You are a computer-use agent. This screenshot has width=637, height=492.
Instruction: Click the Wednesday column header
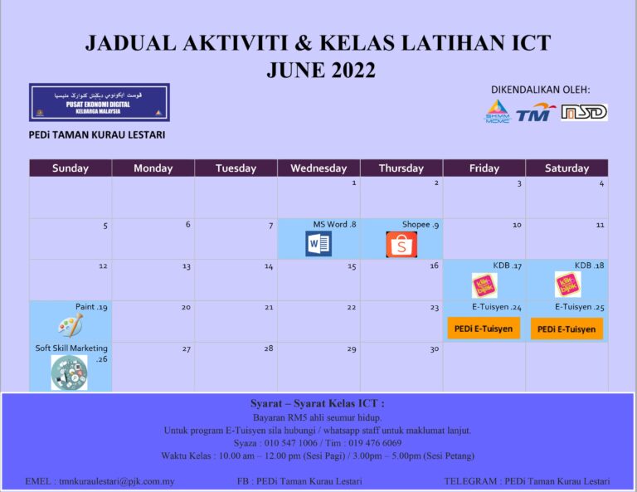click(x=318, y=168)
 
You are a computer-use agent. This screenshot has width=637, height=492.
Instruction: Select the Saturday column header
click(x=566, y=168)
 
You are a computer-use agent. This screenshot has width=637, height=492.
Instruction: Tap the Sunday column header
click(x=71, y=168)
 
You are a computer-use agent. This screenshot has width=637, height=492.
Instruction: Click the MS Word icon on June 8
click(x=318, y=244)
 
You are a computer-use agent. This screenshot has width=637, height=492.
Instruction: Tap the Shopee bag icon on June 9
click(x=401, y=244)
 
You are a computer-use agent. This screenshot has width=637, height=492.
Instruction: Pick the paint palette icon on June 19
click(x=70, y=324)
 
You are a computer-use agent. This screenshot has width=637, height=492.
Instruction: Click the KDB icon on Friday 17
click(x=484, y=285)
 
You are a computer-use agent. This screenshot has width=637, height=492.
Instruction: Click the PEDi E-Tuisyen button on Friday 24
click(x=484, y=329)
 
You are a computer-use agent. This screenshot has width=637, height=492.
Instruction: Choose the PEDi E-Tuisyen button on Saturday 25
click(x=566, y=329)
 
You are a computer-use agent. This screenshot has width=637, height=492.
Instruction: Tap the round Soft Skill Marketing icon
click(x=69, y=373)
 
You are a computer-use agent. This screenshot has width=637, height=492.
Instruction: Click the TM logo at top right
click(x=536, y=113)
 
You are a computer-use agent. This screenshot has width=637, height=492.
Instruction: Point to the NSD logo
click(x=584, y=112)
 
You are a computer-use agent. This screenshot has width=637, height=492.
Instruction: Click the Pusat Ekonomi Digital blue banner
click(x=99, y=102)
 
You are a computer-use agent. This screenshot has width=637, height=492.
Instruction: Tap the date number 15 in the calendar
click(x=352, y=267)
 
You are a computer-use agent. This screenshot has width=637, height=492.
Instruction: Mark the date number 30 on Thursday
click(x=434, y=349)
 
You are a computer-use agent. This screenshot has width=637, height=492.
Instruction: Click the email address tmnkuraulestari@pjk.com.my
click(x=100, y=481)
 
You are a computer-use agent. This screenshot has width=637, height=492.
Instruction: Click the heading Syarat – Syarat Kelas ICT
click(x=318, y=404)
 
